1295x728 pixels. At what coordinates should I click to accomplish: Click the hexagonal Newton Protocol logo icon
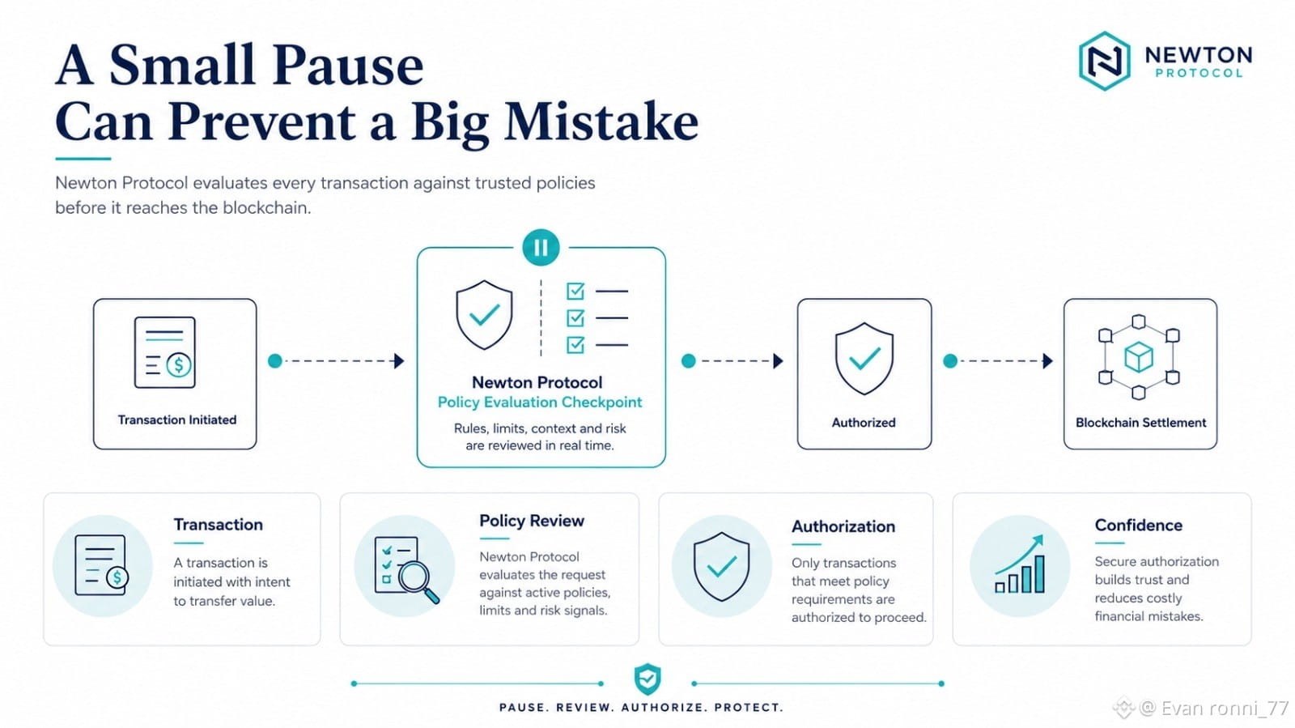tap(1104, 61)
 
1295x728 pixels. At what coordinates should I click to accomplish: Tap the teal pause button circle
tap(541, 248)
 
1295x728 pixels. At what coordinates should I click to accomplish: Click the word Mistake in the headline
tap(601, 121)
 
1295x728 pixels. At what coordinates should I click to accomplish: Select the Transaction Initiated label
tap(177, 419)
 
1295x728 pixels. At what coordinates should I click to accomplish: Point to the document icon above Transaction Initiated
tap(165, 352)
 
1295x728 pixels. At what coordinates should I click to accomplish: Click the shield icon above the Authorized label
tap(864, 359)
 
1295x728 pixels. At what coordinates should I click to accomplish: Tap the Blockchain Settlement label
tap(1140, 423)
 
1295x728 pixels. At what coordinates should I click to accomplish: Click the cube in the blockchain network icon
tap(1139, 357)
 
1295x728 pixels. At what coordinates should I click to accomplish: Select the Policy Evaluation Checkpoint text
tap(540, 402)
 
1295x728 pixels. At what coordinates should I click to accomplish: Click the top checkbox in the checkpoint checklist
tap(575, 291)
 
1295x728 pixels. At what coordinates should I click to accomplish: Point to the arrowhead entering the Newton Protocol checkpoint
tap(399, 361)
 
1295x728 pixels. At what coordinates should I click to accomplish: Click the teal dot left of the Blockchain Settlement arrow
tap(950, 361)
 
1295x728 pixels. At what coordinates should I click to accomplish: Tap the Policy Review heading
tap(532, 521)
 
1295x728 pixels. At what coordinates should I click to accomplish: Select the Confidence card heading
tap(1138, 525)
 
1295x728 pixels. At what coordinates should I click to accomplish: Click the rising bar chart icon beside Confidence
tap(1020, 564)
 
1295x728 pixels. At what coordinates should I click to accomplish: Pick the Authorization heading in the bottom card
tap(843, 526)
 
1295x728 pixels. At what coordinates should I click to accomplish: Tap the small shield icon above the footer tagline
tap(647, 679)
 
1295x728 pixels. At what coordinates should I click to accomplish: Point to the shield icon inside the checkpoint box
tap(485, 315)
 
